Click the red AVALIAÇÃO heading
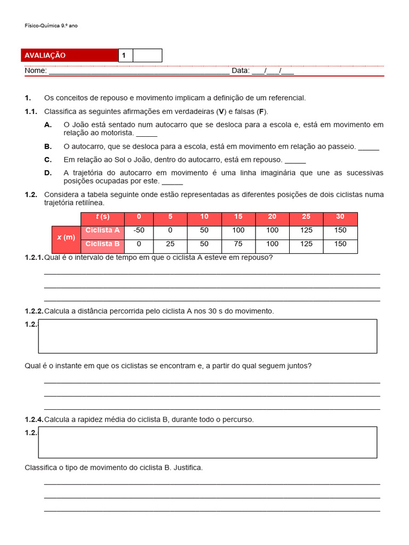point(45,55)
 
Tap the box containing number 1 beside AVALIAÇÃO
point(125,55)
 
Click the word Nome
point(35,71)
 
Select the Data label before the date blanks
point(240,71)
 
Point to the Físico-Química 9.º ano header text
point(51,25)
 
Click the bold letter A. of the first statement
point(48,125)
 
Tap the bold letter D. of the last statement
point(48,173)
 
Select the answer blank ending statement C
point(296,160)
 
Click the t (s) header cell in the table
point(102,217)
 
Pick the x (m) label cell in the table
point(66,237)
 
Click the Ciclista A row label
point(102,230)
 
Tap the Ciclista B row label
point(102,244)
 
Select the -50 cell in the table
point(139,230)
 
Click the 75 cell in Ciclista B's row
point(238,244)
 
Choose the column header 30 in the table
point(340,217)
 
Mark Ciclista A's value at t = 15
point(238,230)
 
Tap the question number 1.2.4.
point(34,419)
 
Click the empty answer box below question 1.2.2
point(208,336)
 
